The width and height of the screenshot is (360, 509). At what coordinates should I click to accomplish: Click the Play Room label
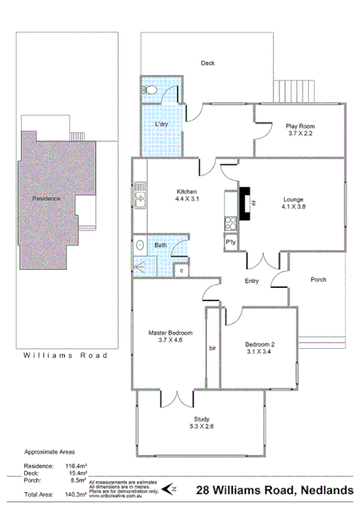(x=300, y=125)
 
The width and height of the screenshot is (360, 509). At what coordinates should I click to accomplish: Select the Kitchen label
(x=187, y=191)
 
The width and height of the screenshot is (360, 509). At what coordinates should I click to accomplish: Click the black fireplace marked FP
(x=245, y=205)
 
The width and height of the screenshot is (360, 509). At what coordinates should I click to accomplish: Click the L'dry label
(x=162, y=125)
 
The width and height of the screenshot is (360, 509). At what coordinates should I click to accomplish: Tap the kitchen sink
(x=140, y=196)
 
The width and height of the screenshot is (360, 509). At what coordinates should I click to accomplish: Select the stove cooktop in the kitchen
(x=229, y=224)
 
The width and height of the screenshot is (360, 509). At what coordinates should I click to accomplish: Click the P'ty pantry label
(x=230, y=242)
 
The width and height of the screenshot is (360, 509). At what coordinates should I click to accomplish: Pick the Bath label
(x=160, y=245)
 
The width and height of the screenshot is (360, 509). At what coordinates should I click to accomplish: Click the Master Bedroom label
(x=170, y=333)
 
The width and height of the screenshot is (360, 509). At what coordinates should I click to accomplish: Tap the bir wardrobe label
(x=213, y=349)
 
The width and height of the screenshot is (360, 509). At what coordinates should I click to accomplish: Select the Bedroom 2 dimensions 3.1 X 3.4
(x=259, y=352)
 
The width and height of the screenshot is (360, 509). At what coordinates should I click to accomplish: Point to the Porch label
(x=318, y=279)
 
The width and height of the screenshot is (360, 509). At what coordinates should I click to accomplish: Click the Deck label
(x=207, y=63)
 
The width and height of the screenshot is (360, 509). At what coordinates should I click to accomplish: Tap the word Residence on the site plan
(x=46, y=199)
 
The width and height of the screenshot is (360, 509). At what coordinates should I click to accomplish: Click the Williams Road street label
(x=65, y=356)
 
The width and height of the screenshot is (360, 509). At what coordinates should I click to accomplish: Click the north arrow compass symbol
(x=174, y=488)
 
